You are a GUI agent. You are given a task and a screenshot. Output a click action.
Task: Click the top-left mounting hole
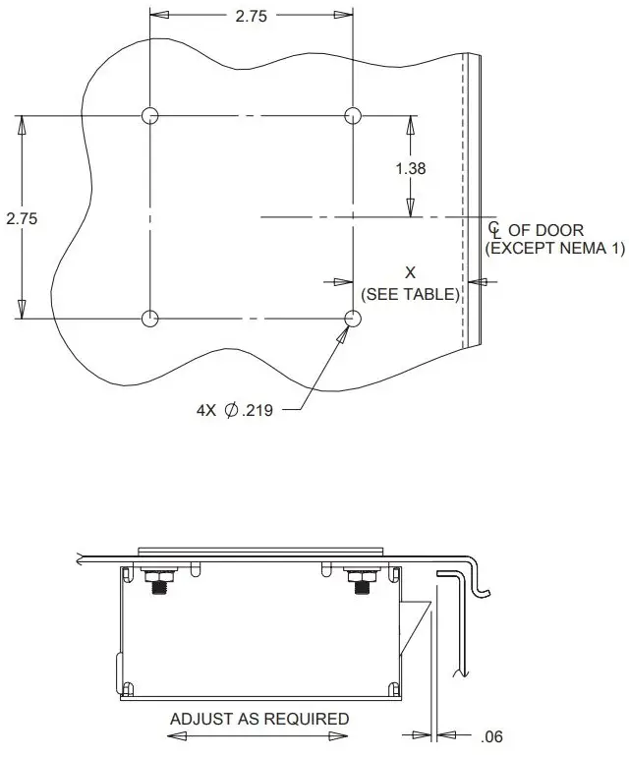point(149,116)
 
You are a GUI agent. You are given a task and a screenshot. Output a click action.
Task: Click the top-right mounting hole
point(354,116)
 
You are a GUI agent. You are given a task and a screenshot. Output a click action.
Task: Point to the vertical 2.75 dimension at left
point(22,218)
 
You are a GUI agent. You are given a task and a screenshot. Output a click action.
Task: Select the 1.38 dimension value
point(411,168)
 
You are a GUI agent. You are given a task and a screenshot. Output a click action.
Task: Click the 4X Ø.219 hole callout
point(234,410)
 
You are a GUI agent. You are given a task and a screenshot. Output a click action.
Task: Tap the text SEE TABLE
point(411,294)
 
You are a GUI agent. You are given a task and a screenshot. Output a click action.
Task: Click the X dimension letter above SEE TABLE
point(411,271)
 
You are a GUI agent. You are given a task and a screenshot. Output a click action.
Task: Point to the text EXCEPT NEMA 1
point(555,248)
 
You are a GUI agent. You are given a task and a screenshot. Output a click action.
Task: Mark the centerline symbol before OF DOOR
point(494,229)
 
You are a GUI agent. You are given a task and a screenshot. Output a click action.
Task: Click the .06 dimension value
point(492,736)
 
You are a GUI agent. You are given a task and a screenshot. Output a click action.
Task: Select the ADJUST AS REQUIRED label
point(259,719)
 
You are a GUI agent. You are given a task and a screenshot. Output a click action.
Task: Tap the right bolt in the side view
point(360,582)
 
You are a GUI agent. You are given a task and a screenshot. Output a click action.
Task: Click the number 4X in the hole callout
point(206,410)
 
